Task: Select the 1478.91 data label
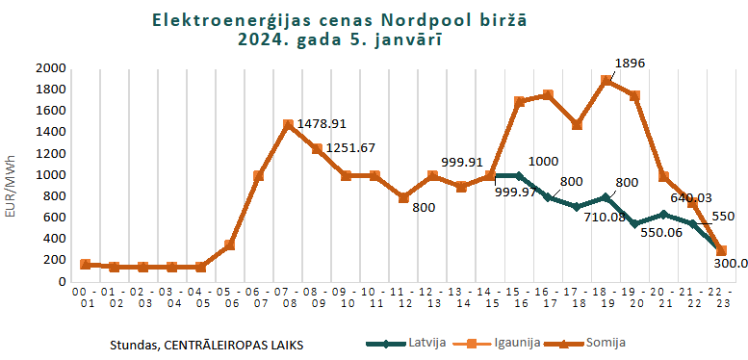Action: click(322, 124)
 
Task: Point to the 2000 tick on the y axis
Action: click(49, 69)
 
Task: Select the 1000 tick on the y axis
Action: click(49, 175)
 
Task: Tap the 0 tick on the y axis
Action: click(60, 282)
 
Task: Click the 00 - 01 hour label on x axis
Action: click(86, 296)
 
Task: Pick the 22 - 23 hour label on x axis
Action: click(722, 296)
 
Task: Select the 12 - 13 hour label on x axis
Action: click(432, 296)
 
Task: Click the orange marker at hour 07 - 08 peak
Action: click(288, 124)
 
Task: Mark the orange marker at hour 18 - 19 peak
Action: click(606, 81)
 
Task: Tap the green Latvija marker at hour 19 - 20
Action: click(634, 223)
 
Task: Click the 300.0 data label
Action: click(731, 263)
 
